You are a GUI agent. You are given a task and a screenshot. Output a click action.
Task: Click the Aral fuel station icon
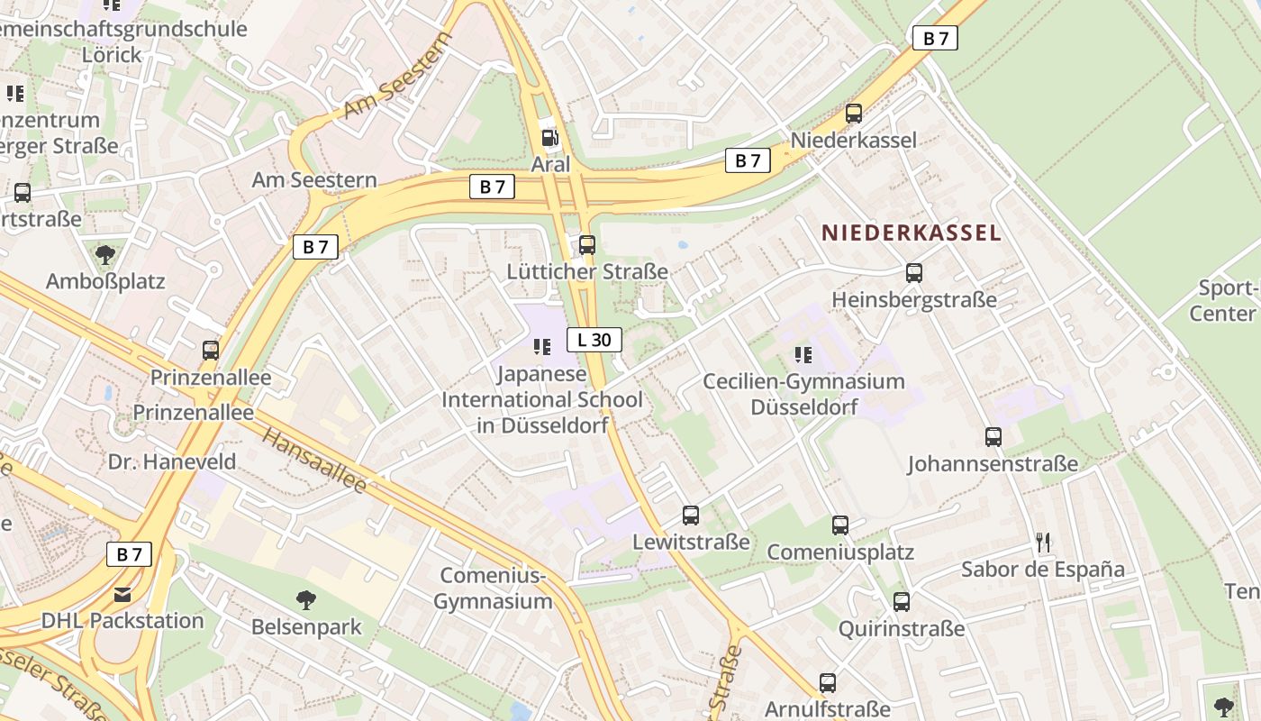pyautogui.click(x=548, y=138)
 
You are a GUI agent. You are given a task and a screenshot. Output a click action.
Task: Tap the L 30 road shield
pyautogui.click(x=594, y=340)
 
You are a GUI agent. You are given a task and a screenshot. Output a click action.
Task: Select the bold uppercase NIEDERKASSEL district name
pyautogui.click(x=911, y=233)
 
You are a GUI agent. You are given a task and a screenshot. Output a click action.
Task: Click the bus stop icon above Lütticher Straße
pyautogui.click(x=587, y=244)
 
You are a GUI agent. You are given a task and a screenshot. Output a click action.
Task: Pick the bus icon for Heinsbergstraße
pyautogui.click(x=914, y=272)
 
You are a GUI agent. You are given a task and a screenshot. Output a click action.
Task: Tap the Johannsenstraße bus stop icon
pyautogui.click(x=993, y=437)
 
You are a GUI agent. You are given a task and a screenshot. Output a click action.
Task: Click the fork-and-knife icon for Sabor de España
pyautogui.click(x=1043, y=542)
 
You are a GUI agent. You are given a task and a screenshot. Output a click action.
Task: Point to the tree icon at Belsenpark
pyautogui.click(x=306, y=599)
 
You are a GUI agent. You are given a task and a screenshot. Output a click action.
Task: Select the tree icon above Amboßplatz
pyautogui.click(x=105, y=254)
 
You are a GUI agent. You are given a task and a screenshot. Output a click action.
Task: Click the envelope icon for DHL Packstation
pyautogui.click(x=122, y=594)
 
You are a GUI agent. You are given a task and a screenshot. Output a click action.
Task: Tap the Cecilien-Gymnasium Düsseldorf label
pyautogui.click(x=803, y=394)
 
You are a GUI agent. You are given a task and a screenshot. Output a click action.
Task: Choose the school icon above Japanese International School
pyautogui.click(x=542, y=346)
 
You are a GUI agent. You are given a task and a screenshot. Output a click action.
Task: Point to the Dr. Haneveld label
pyautogui.click(x=172, y=462)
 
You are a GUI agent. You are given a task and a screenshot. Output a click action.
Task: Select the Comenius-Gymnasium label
pyautogui.click(x=494, y=589)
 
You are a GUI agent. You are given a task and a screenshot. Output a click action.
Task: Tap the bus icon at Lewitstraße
pyautogui.click(x=691, y=516)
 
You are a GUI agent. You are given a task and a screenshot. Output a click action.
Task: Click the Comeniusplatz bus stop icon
pyautogui.click(x=840, y=525)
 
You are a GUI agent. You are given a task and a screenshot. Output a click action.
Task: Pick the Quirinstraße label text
pyautogui.click(x=902, y=629)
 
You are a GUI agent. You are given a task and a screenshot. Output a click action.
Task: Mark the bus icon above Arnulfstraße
pyautogui.click(x=828, y=683)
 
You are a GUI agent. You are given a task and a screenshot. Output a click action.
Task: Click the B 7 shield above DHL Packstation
pyautogui.click(x=129, y=554)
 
